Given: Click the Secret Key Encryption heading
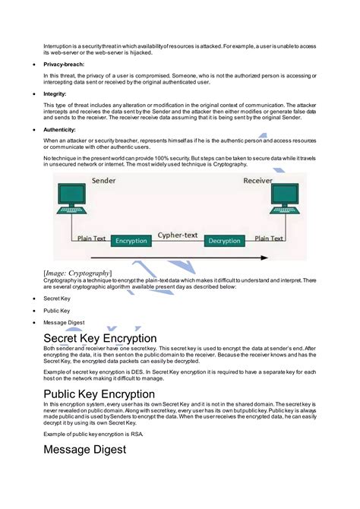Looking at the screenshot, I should (x=100, y=337).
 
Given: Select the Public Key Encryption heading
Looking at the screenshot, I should (x=99, y=394).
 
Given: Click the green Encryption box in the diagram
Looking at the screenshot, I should (x=131, y=241).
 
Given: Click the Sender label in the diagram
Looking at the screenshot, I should (x=104, y=182).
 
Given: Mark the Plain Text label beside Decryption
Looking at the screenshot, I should (x=269, y=238).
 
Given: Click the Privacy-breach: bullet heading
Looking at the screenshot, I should (x=64, y=65).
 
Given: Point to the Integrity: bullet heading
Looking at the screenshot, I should (x=55, y=93).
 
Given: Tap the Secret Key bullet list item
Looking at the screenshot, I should (x=57, y=299).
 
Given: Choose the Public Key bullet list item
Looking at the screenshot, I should (x=57, y=311).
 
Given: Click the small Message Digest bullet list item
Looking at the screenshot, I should (x=64, y=322).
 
